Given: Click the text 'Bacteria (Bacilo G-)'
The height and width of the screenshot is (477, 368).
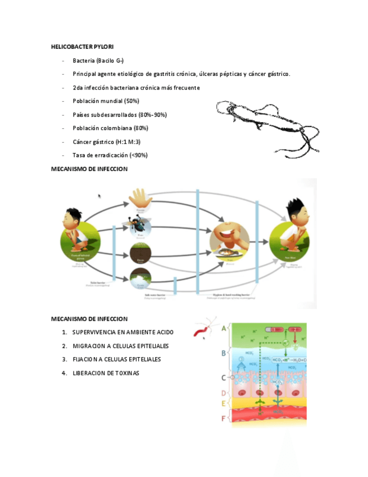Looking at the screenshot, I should (x=98, y=60).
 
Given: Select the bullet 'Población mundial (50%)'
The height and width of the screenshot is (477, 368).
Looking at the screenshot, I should (x=106, y=101).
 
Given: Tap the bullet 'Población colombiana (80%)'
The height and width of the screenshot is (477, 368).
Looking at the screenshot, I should (x=110, y=128).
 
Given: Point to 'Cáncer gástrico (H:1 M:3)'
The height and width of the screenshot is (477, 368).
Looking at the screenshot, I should (x=106, y=142).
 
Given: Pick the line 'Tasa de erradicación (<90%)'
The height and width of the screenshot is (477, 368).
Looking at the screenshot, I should (x=110, y=155).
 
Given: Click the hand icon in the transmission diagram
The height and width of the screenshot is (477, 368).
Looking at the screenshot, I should (x=138, y=199).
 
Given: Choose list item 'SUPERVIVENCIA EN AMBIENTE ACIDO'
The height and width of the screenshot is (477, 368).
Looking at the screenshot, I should (x=122, y=332).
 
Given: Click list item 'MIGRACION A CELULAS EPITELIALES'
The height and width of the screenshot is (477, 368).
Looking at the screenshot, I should (x=120, y=346).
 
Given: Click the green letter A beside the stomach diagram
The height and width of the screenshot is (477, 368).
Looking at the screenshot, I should (x=224, y=328).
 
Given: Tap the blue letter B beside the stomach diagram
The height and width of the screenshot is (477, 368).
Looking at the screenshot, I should (x=224, y=353).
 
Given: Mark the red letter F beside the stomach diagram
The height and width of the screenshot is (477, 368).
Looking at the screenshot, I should (x=224, y=418).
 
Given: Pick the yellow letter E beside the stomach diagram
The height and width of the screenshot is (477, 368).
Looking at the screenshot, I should (x=224, y=404).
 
